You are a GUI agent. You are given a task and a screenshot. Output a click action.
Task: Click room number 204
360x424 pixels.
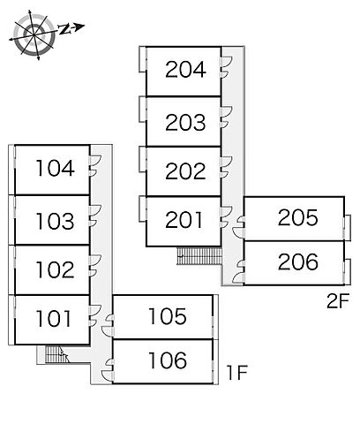click(x=185, y=70)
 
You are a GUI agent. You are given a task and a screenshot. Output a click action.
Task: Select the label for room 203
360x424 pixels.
click(x=185, y=122)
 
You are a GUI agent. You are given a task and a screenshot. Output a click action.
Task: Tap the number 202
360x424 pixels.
click(x=185, y=170)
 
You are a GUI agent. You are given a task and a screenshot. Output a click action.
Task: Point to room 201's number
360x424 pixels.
click(x=184, y=220)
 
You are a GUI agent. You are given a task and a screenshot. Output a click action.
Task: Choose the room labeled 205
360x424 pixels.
click(x=298, y=217)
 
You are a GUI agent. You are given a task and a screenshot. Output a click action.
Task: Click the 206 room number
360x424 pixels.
click(x=298, y=261)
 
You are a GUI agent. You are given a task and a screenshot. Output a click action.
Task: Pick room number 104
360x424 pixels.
click(x=55, y=168)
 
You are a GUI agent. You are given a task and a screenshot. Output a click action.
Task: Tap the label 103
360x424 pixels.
click(x=55, y=221)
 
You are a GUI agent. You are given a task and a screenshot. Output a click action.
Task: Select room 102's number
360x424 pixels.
click(x=55, y=269)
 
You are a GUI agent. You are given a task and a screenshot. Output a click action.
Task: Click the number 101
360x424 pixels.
click(x=54, y=318)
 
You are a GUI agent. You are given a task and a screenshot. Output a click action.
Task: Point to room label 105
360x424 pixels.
click(x=168, y=316)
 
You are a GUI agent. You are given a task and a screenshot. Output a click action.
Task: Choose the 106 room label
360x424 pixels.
click(x=168, y=360)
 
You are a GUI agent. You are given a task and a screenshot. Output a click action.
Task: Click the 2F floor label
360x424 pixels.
click(x=338, y=300)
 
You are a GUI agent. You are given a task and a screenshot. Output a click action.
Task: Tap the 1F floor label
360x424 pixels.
click(x=237, y=373)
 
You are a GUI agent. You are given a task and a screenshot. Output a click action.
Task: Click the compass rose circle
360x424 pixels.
click(x=34, y=35)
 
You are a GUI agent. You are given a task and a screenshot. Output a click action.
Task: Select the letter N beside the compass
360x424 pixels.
click(x=64, y=29)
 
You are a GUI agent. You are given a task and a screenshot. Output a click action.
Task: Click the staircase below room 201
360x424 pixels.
click(x=199, y=256)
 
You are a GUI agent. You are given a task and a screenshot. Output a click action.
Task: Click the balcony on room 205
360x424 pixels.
click(x=348, y=227)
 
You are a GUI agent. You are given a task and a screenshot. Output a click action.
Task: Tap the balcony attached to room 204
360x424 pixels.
click(x=143, y=59)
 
